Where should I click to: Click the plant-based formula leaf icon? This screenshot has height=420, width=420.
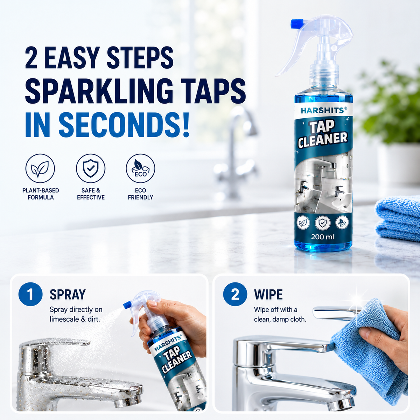[40, 168]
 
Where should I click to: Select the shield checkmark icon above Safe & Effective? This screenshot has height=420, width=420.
[91, 168]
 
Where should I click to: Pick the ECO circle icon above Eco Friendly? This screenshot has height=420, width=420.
[141, 168]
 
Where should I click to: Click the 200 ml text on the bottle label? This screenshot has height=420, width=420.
[322, 237]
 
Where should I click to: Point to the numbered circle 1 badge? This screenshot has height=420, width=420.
[30, 294]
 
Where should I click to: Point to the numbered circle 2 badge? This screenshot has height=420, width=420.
[235, 294]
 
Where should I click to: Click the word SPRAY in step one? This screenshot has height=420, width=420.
[68, 294]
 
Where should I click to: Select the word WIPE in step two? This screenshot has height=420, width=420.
[268, 294]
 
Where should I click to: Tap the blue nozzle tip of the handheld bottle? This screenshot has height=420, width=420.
[127, 304]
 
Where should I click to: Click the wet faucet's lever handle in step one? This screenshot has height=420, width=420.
[57, 343]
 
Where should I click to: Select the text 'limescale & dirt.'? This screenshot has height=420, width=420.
[75, 320]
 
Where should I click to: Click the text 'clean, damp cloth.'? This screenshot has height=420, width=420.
[280, 320]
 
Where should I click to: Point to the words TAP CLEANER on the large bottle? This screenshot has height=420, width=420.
[323, 134]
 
